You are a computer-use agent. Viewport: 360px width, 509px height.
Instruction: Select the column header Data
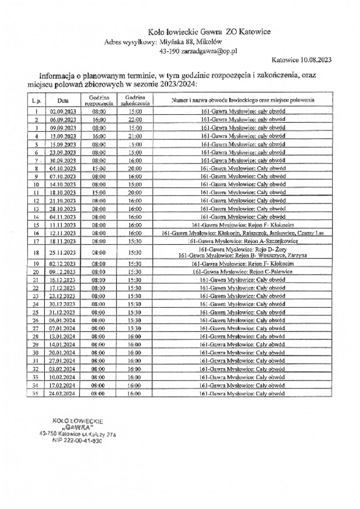(63, 100)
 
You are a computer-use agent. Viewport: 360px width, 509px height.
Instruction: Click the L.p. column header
(36, 100)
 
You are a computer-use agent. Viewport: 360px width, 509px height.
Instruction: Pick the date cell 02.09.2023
(63, 112)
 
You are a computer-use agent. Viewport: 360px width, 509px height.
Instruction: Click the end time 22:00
(135, 120)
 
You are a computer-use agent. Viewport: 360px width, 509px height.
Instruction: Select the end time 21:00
(135, 136)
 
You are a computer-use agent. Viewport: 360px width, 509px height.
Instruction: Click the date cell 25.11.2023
(63, 252)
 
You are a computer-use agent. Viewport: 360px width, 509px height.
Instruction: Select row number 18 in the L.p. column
(36, 252)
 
